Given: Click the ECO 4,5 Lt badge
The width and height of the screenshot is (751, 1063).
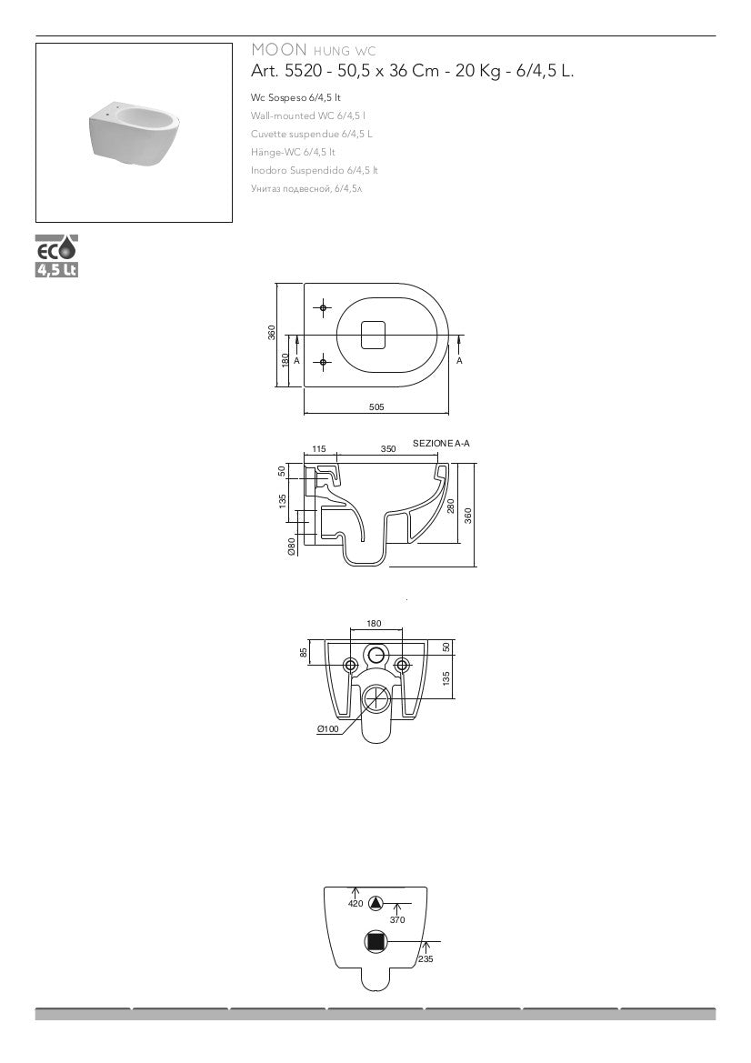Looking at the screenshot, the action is tap(57, 256).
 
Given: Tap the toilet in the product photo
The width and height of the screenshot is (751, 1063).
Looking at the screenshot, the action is tap(135, 135).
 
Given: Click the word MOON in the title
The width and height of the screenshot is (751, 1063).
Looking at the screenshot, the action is tap(278, 49).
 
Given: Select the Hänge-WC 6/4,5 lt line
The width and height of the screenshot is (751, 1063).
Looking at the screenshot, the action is tap(293, 152).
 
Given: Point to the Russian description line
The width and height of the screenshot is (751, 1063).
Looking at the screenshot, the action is tap(306, 188).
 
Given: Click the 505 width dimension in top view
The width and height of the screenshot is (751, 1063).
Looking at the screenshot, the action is tap(376, 406).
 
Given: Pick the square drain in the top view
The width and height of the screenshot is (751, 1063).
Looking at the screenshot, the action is tap(373, 335).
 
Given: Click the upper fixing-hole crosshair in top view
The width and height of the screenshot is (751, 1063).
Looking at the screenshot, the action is tap(324, 308).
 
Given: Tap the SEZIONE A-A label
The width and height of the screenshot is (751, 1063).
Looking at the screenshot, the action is tap(441, 444).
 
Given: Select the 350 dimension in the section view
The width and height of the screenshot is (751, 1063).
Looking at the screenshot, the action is tap(388, 449).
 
